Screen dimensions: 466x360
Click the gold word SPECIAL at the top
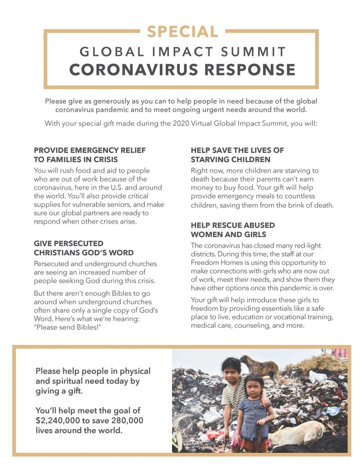point(183,32)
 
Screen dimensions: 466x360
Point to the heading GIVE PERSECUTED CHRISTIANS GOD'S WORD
point(83,248)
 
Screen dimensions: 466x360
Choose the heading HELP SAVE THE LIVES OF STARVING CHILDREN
point(237,155)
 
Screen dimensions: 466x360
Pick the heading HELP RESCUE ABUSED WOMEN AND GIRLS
point(233,230)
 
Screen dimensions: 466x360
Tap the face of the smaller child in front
point(254,385)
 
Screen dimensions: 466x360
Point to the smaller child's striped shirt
point(255,412)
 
